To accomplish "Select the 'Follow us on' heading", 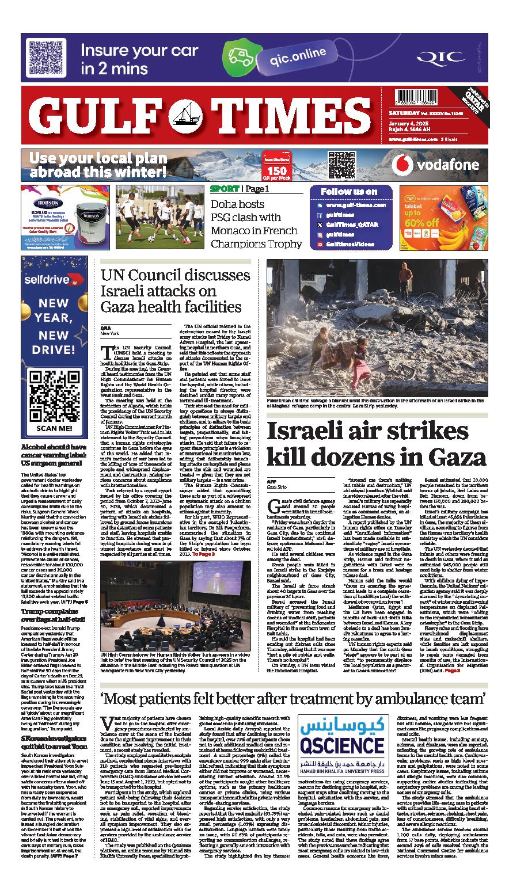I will click(x=349, y=192).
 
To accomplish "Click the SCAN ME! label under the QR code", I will click(x=54, y=428).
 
